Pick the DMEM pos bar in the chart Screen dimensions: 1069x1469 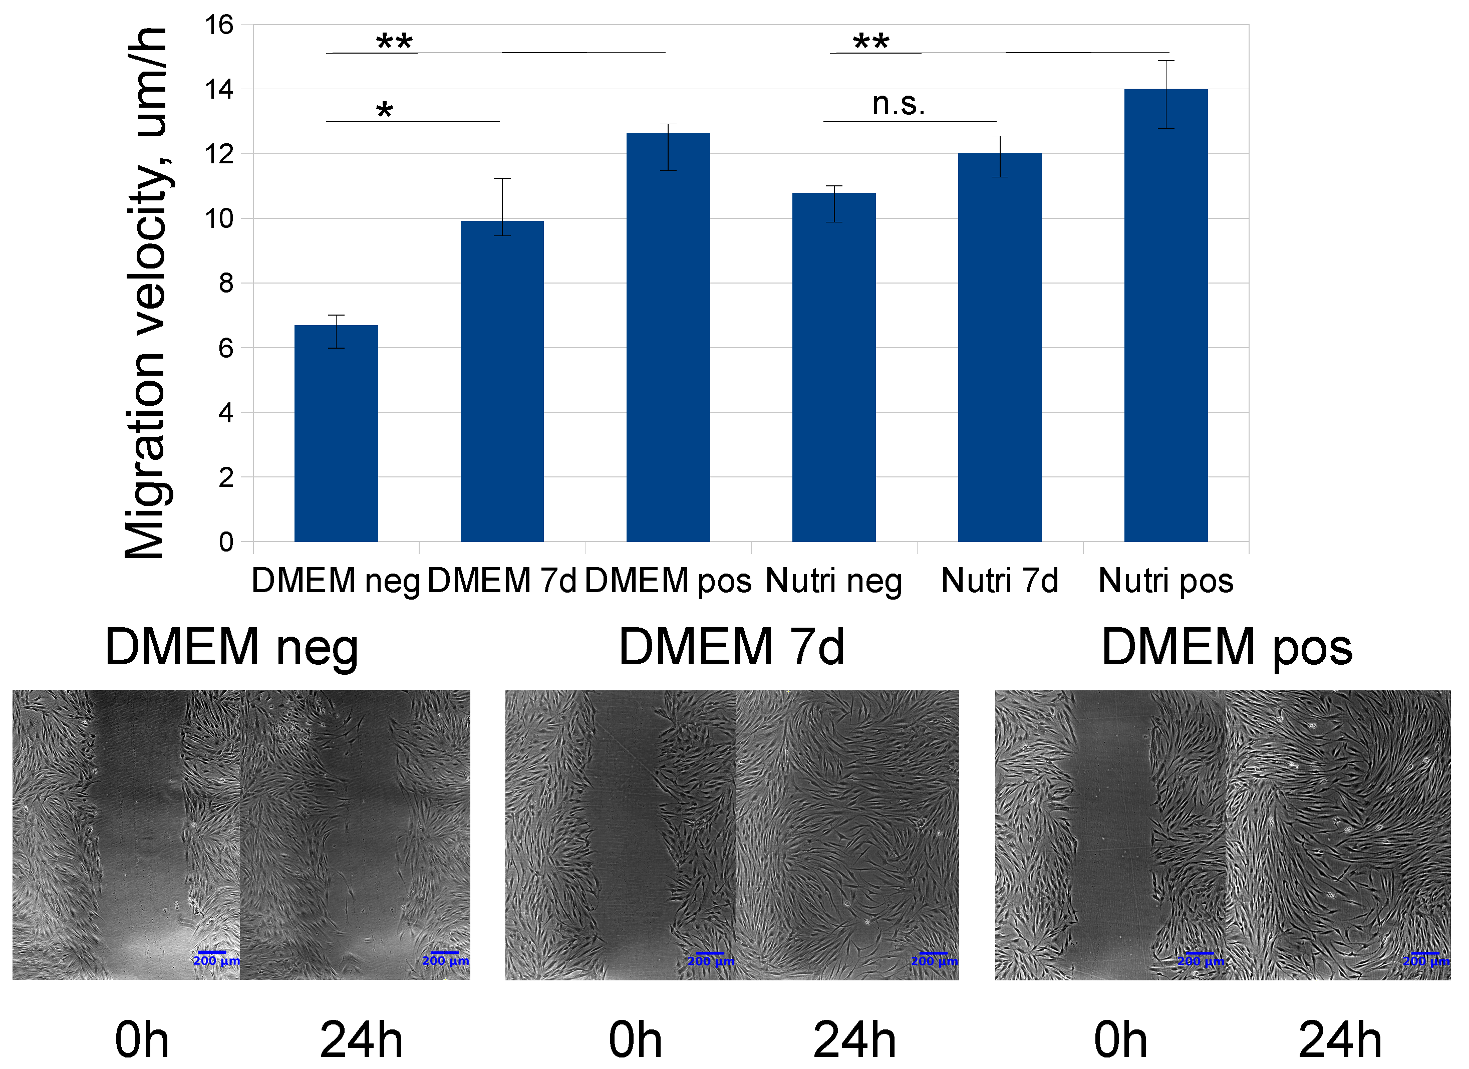(668, 337)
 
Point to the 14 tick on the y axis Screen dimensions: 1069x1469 (219, 89)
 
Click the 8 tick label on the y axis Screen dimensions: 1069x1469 (225, 283)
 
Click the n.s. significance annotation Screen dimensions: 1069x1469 (899, 104)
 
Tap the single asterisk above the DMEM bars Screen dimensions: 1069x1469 (384, 111)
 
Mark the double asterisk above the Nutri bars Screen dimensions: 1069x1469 (870, 43)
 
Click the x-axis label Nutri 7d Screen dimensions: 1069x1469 (999, 581)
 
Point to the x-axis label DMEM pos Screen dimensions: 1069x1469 (668, 581)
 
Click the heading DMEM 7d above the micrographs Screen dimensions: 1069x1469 (732, 647)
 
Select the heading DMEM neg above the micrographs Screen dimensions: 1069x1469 (231, 647)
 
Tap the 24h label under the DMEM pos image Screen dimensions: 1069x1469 (1339, 1040)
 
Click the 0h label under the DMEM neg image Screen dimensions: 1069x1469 (142, 1040)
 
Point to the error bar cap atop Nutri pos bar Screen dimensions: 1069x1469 (1166, 61)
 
